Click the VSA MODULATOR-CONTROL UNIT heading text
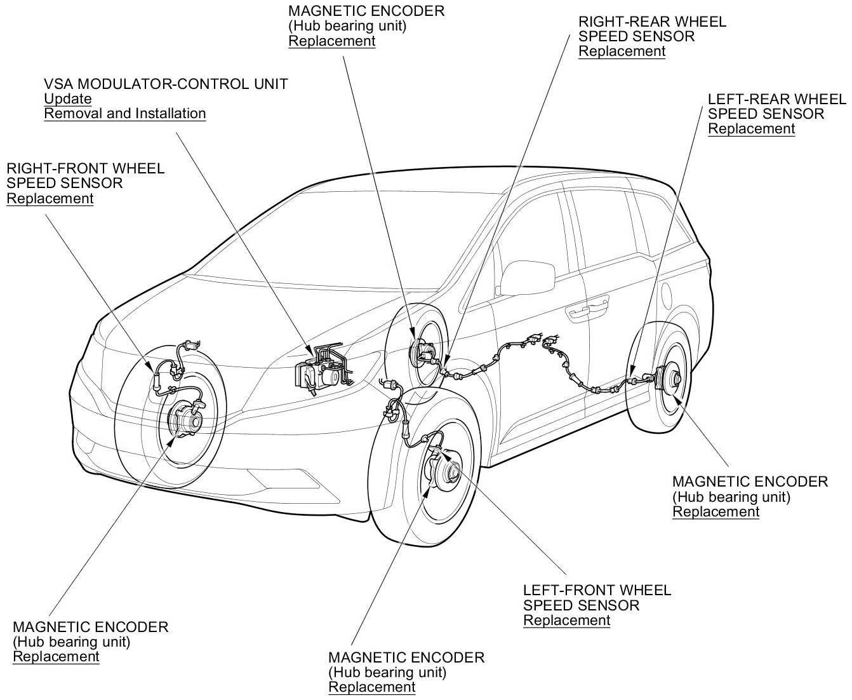pyautogui.click(x=166, y=84)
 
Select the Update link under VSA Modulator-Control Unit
pyautogui.click(x=68, y=99)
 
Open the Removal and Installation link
pyautogui.click(x=125, y=114)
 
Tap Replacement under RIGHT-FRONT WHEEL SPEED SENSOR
pyautogui.click(x=50, y=198)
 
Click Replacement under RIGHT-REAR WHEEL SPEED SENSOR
pyautogui.click(x=622, y=51)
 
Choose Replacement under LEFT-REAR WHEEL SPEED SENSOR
pyautogui.click(x=751, y=129)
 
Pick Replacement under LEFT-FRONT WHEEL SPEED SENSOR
pyautogui.click(x=566, y=621)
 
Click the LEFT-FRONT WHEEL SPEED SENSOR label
pyautogui.click(x=597, y=598)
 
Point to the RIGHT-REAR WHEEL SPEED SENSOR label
pyautogui.click(x=652, y=29)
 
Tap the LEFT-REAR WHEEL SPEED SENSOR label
pyautogui.click(x=776, y=107)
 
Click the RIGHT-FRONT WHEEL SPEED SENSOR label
pyautogui.click(x=85, y=175)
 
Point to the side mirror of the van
pyautogui.click(x=524, y=278)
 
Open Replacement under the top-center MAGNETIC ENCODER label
pyautogui.click(x=332, y=41)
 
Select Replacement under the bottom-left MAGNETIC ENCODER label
pyautogui.click(x=56, y=657)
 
